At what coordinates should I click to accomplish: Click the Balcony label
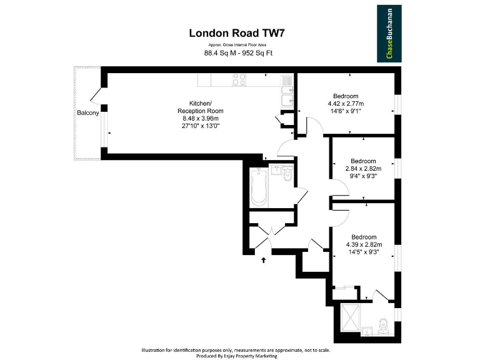click(87, 113)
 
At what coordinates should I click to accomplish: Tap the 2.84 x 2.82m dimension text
click(363, 168)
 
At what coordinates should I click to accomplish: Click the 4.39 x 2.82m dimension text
click(364, 244)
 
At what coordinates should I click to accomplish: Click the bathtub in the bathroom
click(259, 187)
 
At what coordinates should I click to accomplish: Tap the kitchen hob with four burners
click(239, 80)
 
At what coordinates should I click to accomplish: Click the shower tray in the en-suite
click(351, 319)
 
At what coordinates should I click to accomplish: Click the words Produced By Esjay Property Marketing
click(239, 355)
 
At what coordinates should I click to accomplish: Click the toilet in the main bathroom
click(287, 176)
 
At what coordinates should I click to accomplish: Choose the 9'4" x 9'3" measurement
click(363, 176)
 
